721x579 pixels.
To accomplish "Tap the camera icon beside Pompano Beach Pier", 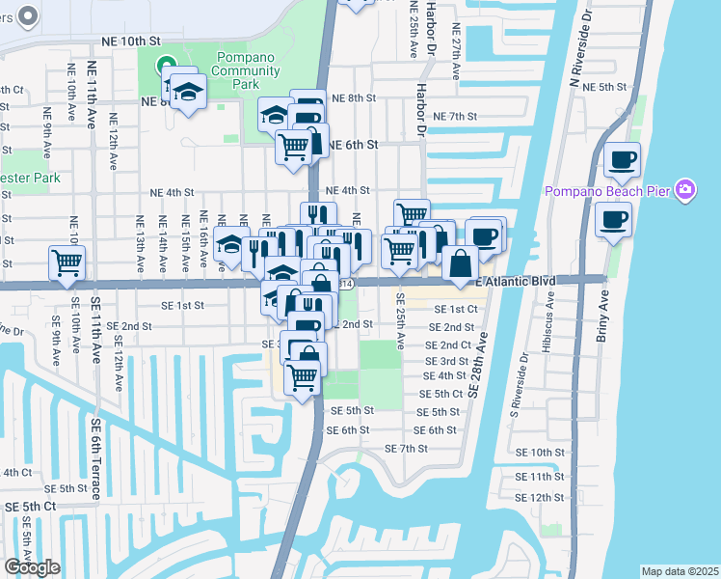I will [685, 190].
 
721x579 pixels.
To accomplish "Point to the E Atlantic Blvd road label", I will [517, 281].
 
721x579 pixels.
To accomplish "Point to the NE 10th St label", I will [130, 41].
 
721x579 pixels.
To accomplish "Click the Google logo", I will [31, 567].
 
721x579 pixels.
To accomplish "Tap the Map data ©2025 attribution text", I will [680, 571].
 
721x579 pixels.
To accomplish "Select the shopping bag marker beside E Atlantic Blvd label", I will [462, 262].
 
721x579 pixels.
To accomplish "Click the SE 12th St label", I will [540, 497].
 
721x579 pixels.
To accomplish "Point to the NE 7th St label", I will [456, 116].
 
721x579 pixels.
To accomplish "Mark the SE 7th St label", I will [406, 449].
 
